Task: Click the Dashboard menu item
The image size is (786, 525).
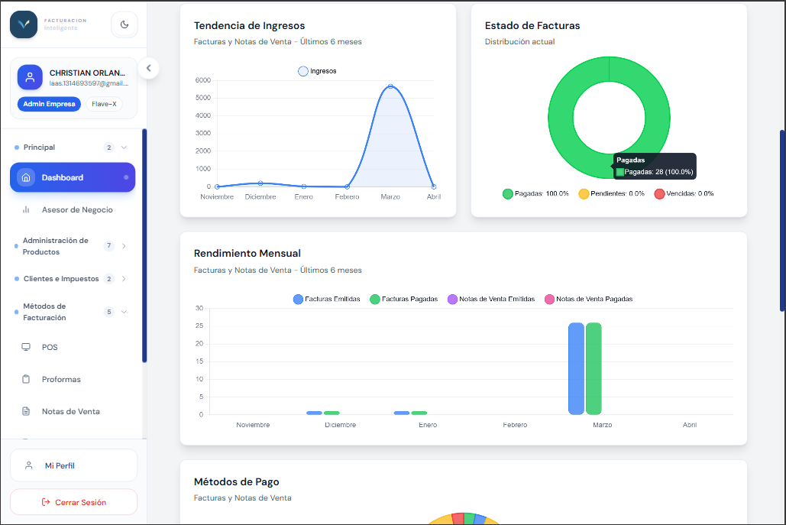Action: pos(73,177)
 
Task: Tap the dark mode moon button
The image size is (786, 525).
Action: pos(125,24)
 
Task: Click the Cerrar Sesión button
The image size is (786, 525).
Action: pos(73,502)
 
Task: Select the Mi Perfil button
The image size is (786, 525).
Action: pos(73,465)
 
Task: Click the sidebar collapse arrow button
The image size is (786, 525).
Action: pos(148,68)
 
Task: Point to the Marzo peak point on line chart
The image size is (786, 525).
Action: pos(390,86)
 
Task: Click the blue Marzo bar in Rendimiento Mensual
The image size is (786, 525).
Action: pos(576,368)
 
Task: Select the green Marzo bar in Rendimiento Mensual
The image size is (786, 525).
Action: pos(594,368)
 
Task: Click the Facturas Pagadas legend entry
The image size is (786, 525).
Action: pos(403,299)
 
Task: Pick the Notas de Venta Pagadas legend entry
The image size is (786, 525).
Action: pos(588,299)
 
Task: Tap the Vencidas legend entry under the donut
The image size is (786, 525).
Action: pos(684,193)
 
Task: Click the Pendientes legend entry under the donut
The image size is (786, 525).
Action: pos(612,193)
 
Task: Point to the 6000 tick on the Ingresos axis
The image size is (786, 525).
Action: pos(203,80)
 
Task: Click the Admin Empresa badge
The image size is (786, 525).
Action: pos(49,104)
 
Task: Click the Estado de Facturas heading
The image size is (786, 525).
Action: pos(532,25)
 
